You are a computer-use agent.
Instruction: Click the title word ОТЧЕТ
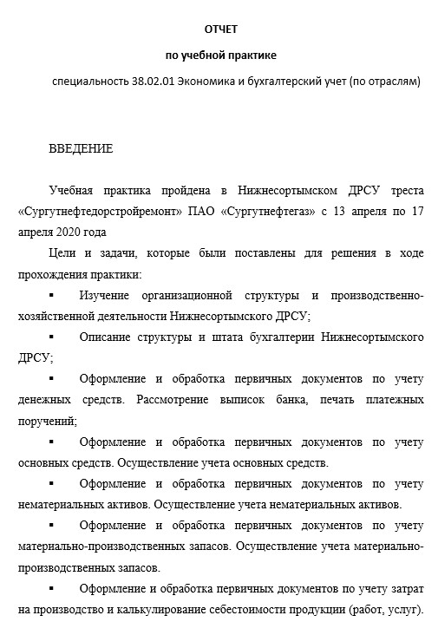(x=220, y=29)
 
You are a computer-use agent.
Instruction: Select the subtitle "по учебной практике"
(x=220, y=56)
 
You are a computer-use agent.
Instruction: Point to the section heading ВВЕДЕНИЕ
(x=81, y=148)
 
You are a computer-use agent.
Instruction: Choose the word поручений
(x=45, y=421)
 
